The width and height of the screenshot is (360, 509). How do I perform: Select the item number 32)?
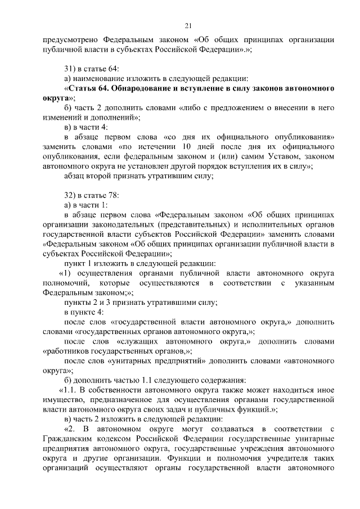pos(70,195)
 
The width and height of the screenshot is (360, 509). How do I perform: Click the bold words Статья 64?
pos(88,88)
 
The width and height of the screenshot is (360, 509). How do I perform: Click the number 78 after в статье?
pos(114,195)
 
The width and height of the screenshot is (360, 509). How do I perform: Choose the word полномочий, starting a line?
pos(65,282)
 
